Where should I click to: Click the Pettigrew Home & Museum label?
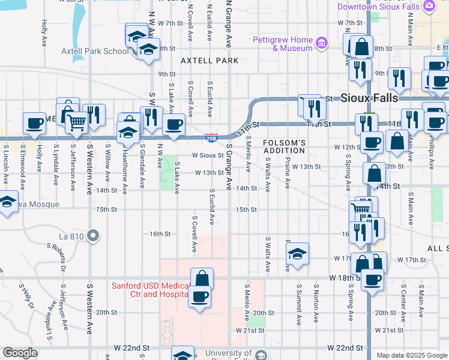[x=285, y=44]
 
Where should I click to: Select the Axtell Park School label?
[x=95, y=51]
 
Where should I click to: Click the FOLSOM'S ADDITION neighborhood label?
[x=285, y=146]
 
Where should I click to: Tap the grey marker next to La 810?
[x=92, y=236]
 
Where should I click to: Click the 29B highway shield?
[x=211, y=139]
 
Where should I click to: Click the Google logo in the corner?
[x=20, y=353]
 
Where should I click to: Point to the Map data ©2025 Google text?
[x=412, y=355]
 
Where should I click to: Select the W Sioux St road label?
[x=208, y=155]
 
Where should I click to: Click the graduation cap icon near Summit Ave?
[x=297, y=254]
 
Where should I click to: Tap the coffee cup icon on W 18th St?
[x=373, y=279]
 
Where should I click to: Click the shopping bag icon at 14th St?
[x=374, y=174]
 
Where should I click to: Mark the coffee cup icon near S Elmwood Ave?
[x=35, y=123]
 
